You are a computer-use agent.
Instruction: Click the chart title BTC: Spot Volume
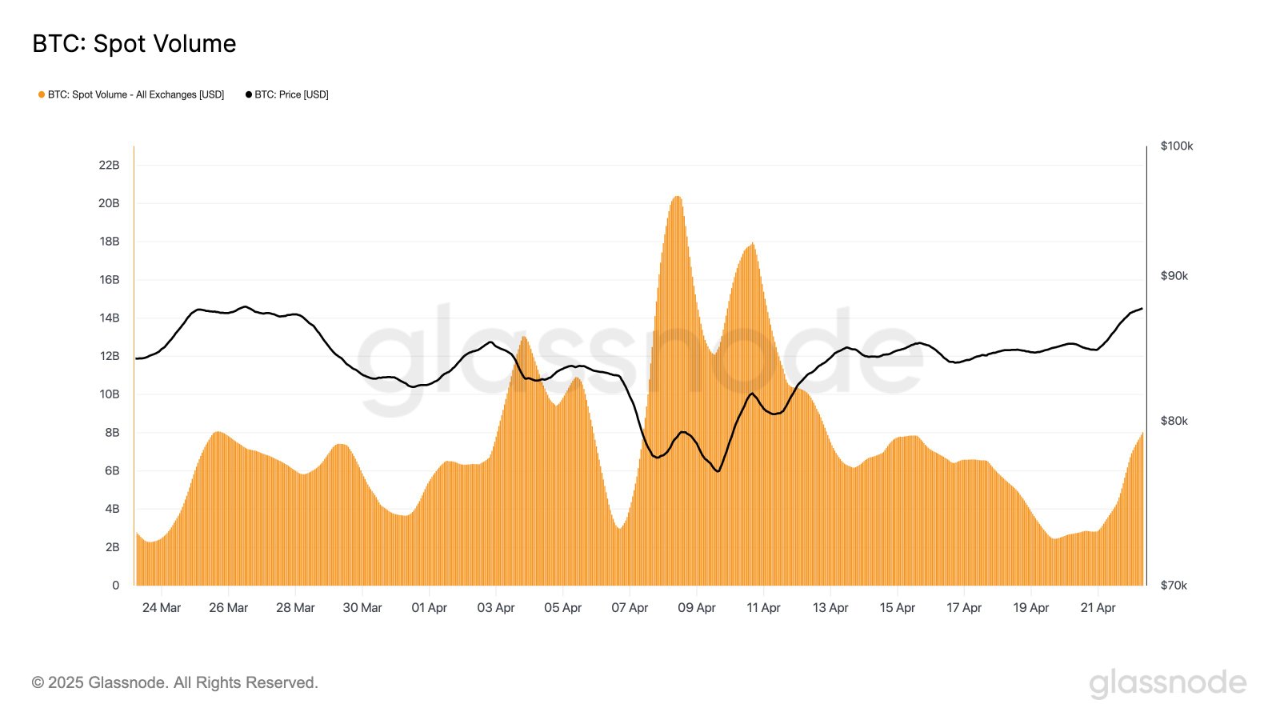[134, 44]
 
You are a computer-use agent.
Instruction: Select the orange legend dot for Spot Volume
[42, 94]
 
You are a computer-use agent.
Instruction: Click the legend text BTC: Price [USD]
[291, 94]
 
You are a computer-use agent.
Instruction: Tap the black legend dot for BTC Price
[249, 94]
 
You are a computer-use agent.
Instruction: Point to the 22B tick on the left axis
[109, 165]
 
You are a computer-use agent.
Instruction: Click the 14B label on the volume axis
[109, 318]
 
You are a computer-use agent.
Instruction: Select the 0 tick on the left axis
[115, 585]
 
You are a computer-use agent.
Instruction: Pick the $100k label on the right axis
[1176, 146]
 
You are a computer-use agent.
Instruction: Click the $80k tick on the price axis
[1174, 421]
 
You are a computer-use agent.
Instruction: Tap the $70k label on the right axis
[1174, 585]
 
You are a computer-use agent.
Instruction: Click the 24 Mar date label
[162, 608]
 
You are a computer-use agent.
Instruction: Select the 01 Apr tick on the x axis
[429, 608]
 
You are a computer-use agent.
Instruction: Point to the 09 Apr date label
[696, 608]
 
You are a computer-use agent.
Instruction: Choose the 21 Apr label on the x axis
[1098, 608]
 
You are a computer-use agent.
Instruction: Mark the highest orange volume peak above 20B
[677, 197]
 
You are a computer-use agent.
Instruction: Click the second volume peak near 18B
[752, 244]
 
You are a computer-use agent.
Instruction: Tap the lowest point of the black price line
[718, 471]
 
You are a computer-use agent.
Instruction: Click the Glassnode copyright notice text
[175, 682]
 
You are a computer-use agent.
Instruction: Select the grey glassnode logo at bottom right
[1167, 683]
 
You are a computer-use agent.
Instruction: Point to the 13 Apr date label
[830, 608]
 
